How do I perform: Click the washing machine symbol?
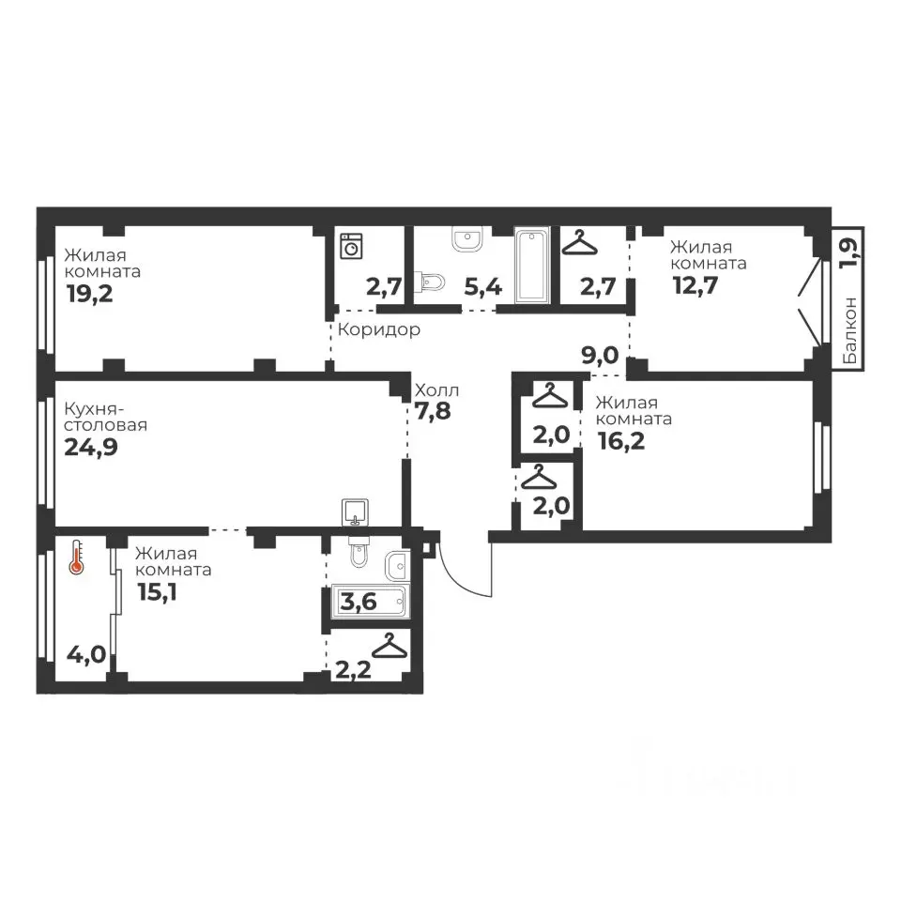(x=351, y=246)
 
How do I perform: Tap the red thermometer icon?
(x=76, y=557)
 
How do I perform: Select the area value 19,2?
(x=90, y=294)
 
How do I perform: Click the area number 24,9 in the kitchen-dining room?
(x=91, y=447)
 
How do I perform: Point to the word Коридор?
(x=378, y=329)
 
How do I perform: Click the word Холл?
(x=436, y=390)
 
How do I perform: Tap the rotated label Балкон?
(x=851, y=330)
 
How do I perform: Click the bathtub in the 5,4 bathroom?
(x=533, y=265)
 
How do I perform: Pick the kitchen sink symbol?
(x=355, y=512)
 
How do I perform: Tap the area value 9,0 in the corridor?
(x=600, y=356)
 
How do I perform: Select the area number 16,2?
(x=621, y=441)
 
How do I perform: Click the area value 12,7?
(x=695, y=285)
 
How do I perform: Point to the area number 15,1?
(x=157, y=592)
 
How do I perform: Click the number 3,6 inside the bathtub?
(x=359, y=602)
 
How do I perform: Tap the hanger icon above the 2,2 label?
(x=389, y=646)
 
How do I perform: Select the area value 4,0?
(x=86, y=654)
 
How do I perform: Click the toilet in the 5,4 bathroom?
(x=433, y=282)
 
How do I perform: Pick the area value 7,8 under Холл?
(x=433, y=411)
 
